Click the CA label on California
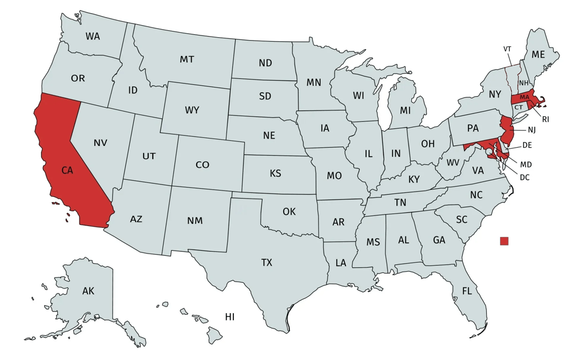pos(67,170)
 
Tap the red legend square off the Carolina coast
pos(504,241)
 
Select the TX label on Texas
pos(267,263)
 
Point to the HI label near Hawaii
pos(229,317)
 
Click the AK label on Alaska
pos(88,291)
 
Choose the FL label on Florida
pos(467,291)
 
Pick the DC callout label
pos(525,177)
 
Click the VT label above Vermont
pos(507,49)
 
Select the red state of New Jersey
pos(506,129)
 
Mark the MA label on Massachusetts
pos(525,97)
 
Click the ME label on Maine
pos(538,55)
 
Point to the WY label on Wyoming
pos(192,110)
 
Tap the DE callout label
pos(527,145)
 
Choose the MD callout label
pos(526,164)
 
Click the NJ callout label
pos(531,129)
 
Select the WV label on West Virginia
pos(453,163)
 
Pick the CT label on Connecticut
pos(518,108)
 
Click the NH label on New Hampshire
pos(523,83)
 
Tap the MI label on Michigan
pos(406,110)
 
